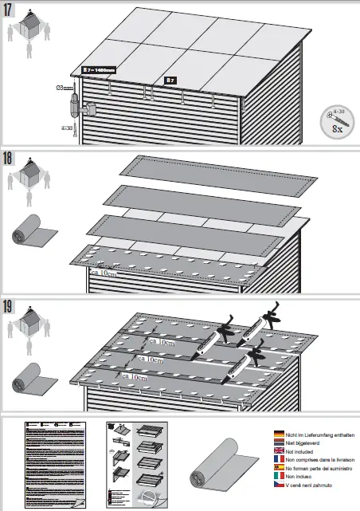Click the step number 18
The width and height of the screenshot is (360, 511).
click(x=9, y=157)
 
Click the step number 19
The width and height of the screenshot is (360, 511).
click(x=9, y=305)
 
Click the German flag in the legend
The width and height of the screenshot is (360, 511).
click(x=280, y=434)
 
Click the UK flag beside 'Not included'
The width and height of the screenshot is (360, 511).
click(x=280, y=450)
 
